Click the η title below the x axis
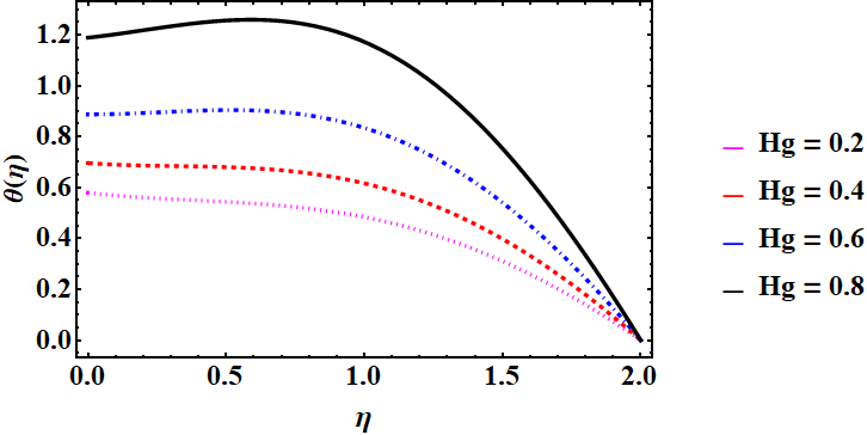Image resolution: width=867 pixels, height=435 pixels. pos(363,419)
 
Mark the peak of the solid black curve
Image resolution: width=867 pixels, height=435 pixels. pos(253,19)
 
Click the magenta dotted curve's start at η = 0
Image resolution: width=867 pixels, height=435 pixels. pos(88,193)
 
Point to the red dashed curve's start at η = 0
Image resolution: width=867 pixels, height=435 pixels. pos(88,163)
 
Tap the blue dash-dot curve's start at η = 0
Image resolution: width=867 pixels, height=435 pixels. pos(88,114)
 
